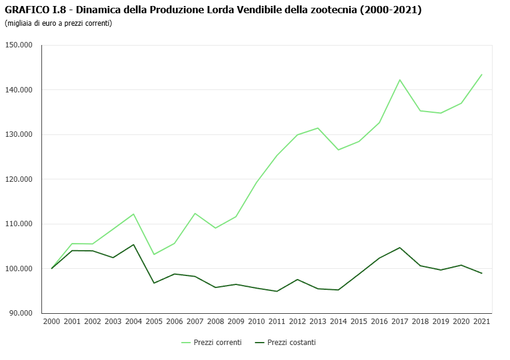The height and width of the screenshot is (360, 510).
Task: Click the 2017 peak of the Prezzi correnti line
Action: pos(400,80)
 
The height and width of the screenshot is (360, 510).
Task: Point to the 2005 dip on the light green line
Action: pos(154,254)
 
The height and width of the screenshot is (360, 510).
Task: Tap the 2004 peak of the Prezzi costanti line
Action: pos(133,245)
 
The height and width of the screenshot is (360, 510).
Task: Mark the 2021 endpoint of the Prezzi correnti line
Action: pos(482,74)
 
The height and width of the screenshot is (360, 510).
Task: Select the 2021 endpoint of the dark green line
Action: pos(482,274)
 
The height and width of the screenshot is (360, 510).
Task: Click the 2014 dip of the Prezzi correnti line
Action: pos(338,149)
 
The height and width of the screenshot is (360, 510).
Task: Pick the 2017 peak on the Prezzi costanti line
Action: pos(400,248)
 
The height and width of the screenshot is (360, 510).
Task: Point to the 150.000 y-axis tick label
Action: pos(20,45)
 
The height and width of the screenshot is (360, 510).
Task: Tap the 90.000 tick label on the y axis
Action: pos(22,313)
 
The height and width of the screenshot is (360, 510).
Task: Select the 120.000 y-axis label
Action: pos(20,179)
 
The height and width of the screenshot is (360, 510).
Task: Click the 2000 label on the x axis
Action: pos(52,322)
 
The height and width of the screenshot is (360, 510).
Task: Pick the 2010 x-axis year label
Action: pos(256,322)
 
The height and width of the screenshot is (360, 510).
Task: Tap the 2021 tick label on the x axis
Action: pos(482,322)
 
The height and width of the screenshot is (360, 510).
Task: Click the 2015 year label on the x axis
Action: pos(359,322)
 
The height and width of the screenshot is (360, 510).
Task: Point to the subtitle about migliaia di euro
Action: pos(58,23)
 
